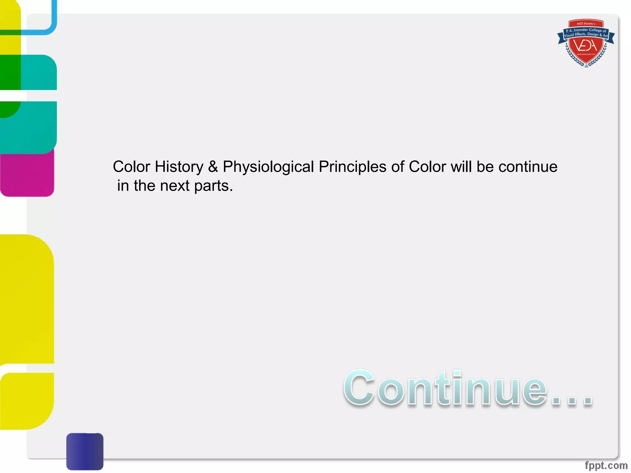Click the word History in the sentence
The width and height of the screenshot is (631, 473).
click(x=179, y=167)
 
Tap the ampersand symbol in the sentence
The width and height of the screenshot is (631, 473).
click(x=213, y=167)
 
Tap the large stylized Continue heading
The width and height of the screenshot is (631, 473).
click(x=467, y=388)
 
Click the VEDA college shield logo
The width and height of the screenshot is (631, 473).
click(x=586, y=43)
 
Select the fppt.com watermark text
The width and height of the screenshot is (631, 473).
click(x=606, y=465)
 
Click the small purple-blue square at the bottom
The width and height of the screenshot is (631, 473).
click(x=85, y=451)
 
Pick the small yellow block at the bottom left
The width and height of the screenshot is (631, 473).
click(x=27, y=400)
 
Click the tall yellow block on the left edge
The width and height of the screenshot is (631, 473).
click(x=27, y=299)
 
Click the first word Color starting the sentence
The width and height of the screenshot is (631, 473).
click(x=132, y=167)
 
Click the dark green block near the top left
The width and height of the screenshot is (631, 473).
click(x=10, y=72)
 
